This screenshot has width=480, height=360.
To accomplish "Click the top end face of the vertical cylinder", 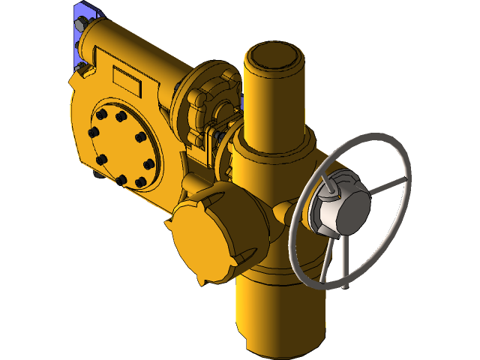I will point(276,56).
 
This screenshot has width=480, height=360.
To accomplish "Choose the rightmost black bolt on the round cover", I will point(148,163).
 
